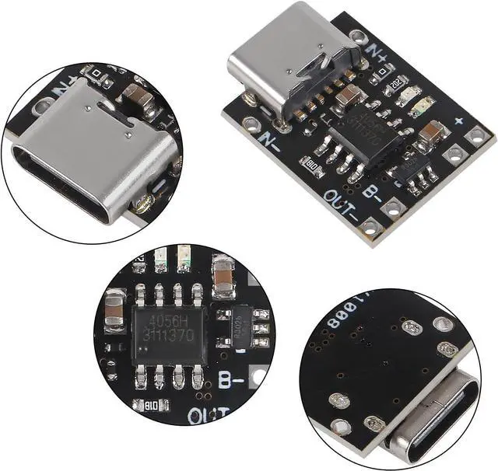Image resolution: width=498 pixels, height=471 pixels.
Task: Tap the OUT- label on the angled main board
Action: click(x=342, y=203)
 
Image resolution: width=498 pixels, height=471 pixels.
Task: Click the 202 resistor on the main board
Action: click(x=395, y=82)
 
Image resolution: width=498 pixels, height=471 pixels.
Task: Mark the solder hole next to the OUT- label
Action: click(x=370, y=226)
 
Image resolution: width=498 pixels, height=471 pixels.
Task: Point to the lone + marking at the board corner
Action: click(x=459, y=121)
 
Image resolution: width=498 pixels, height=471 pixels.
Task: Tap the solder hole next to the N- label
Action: click(x=251, y=123)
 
